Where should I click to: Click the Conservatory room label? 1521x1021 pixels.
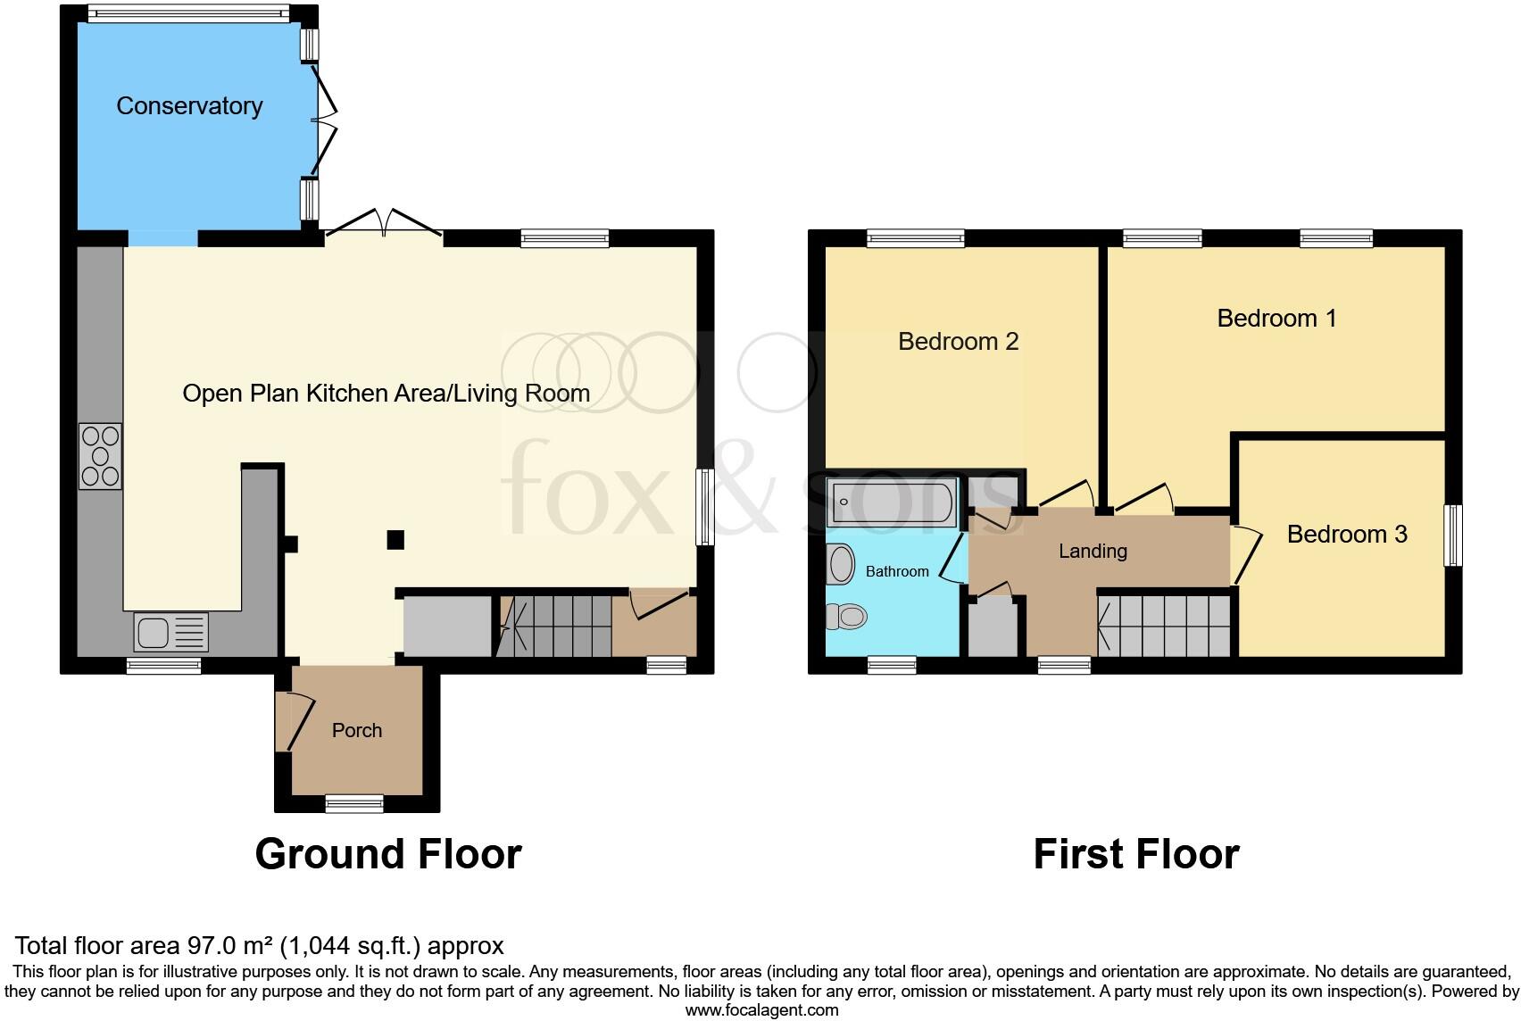tap(189, 106)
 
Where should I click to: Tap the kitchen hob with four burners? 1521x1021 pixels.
tap(100, 456)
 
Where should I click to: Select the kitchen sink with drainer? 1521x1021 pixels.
tap(170, 632)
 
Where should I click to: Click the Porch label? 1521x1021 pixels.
tap(356, 730)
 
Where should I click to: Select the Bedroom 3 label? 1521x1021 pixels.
tap(1346, 534)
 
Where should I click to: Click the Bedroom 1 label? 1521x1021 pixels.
tap(1276, 318)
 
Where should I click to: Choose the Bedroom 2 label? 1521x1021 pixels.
tap(958, 341)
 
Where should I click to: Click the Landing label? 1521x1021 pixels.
tap(1093, 551)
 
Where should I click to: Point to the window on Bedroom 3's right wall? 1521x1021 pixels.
tap(1453, 535)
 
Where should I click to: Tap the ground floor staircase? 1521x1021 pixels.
tap(554, 626)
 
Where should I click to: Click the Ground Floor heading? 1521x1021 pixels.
tap(388, 853)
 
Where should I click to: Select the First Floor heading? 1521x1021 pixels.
tap(1135, 853)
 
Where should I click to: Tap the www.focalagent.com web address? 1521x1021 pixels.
tap(761, 1010)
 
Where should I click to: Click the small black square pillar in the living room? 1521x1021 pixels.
tap(395, 539)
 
